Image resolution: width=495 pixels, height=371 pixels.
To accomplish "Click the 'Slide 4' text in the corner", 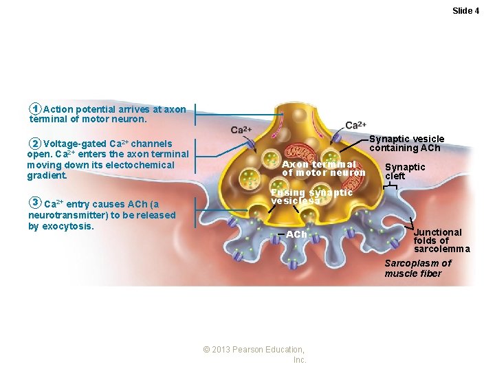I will point(465,10).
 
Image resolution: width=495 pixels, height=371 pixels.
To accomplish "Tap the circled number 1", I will point(36,109).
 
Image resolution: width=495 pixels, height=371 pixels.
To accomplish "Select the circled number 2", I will point(36,144).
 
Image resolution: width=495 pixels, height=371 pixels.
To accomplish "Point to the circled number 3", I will point(36,203).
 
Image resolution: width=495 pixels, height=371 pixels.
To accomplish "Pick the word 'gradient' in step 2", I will point(46,175).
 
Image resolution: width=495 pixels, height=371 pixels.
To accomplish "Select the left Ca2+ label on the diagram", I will point(241,130).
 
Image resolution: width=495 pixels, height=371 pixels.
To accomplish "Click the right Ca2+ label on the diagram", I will point(355,125).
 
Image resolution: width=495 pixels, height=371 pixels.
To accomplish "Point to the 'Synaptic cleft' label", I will point(404,171).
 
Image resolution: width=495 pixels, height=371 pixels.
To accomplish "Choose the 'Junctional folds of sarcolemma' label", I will point(441,240).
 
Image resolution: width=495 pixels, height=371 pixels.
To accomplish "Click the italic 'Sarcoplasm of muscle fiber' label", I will point(417,269).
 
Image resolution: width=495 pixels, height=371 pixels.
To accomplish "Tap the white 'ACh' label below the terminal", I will point(296,234).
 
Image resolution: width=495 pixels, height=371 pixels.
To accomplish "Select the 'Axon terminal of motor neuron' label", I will point(323,168).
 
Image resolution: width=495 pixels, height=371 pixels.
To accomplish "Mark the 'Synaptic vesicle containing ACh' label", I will point(406,143).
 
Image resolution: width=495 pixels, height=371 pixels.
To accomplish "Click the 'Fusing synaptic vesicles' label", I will point(311,196).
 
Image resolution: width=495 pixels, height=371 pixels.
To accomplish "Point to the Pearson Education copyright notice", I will point(254,355).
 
